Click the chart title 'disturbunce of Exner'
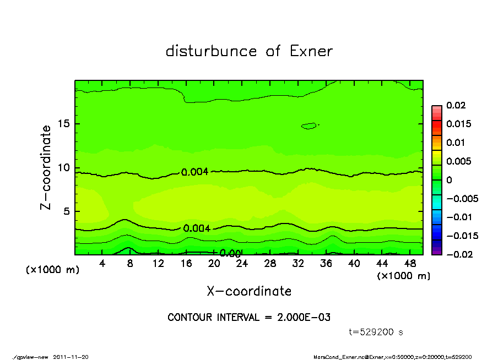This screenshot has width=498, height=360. coord(249,51)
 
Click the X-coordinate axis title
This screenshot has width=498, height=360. coord(249,291)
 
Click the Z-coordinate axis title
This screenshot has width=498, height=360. coord(46,167)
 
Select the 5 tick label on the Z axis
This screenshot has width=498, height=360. coord(68,211)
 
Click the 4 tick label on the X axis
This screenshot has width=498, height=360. coord(102,264)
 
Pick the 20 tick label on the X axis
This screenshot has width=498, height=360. coord(214,264)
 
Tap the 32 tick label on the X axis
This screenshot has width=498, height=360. coord(298,264)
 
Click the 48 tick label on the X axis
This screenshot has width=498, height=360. coord(410,264)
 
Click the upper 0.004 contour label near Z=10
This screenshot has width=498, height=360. coord(195,172)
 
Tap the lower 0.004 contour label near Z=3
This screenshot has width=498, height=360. coord(197,228)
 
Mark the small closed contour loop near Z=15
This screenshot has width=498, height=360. coord(309,126)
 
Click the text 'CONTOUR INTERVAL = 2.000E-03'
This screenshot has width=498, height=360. coord(249,318)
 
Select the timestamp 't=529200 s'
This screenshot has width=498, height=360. coord(376,332)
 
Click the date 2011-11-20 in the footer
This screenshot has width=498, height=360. coord(71,357)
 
